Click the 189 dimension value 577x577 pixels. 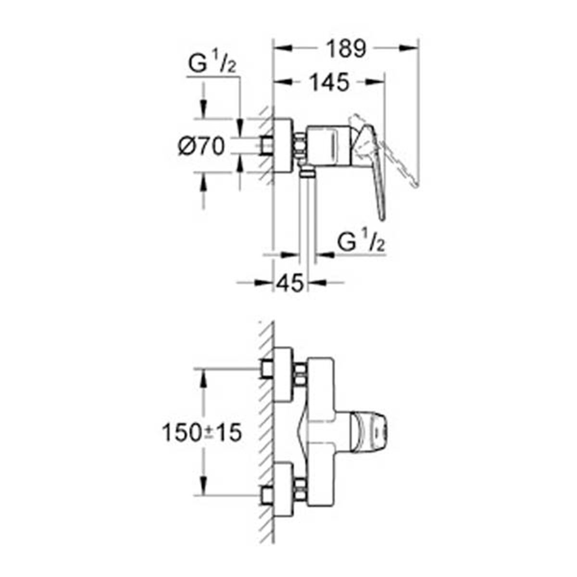point(346,49)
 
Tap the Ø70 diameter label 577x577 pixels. point(201,147)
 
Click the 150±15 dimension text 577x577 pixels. point(201,433)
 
